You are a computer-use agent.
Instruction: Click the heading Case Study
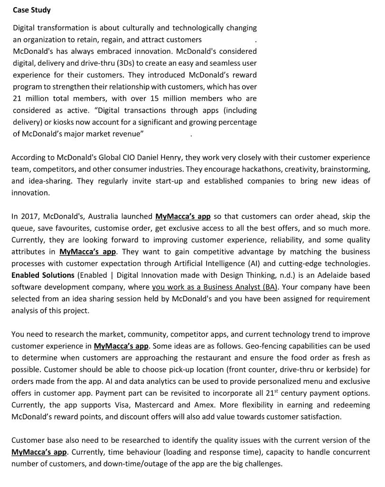point(31,10)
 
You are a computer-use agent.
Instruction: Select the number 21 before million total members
point(18,98)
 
